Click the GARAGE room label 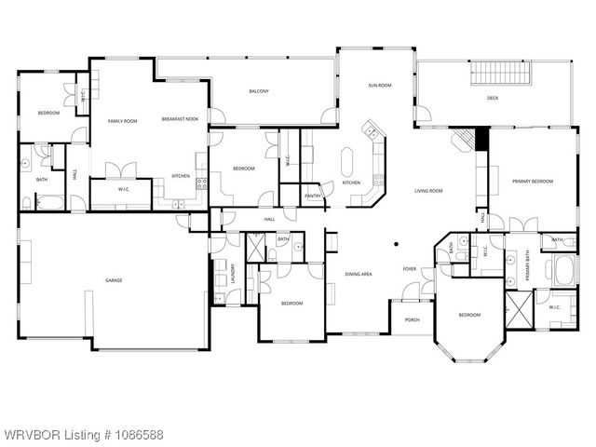tap(114, 280)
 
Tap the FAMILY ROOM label tap(123, 121)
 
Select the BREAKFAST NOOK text tap(180, 119)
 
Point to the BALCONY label tap(259, 91)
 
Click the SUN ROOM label tap(379, 85)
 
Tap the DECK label tap(493, 98)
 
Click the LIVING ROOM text tap(428, 191)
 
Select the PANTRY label tap(313, 196)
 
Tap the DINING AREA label tap(359, 274)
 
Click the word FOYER tap(409, 269)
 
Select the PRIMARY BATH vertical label tap(527, 268)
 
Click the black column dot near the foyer tap(396, 245)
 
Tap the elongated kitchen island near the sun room tap(349, 162)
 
